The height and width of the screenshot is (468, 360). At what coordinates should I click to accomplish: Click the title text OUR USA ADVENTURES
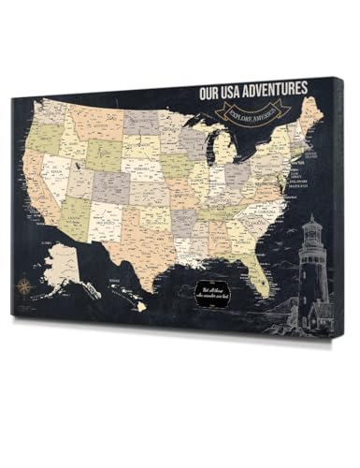(x=252, y=90)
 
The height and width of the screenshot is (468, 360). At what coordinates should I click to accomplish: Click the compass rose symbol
(x=24, y=280)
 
